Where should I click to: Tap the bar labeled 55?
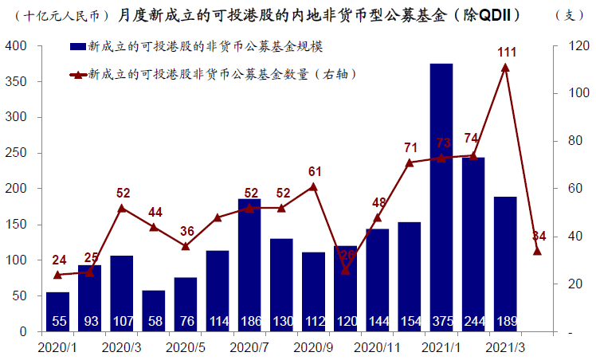(x=57, y=311)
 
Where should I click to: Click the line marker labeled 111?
(x=505, y=68)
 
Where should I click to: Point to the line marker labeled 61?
(x=313, y=187)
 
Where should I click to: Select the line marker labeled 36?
(x=186, y=246)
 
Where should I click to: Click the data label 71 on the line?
(x=410, y=147)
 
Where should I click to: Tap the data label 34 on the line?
(x=539, y=236)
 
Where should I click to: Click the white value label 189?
(x=504, y=321)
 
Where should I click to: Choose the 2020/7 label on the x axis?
(x=249, y=348)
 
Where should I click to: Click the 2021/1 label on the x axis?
(x=441, y=348)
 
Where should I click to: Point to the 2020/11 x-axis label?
(x=377, y=348)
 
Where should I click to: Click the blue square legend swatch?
(x=79, y=49)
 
